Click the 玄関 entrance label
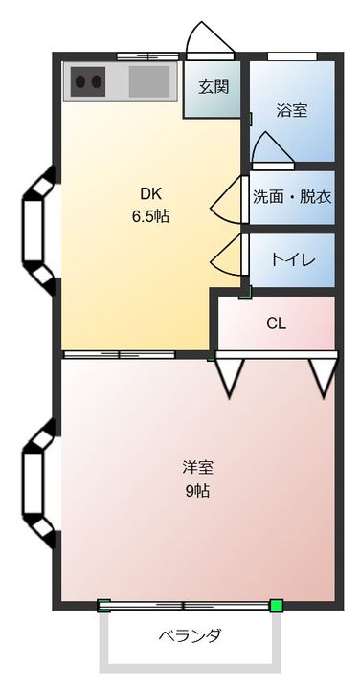click(214, 86)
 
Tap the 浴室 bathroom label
click(292, 110)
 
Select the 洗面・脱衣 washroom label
click(292, 197)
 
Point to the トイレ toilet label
click(293, 260)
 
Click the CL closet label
click(276, 323)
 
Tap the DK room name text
click(150, 193)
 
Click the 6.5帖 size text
click(150, 216)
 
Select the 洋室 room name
click(198, 468)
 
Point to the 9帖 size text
click(197, 491)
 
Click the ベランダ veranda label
click(190, 635)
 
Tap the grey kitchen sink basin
click(149, 81)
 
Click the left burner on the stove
click(80, 81)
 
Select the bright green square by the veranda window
click(276, 606)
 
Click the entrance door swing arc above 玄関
click(210, 34)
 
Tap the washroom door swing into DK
click(226, 200)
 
